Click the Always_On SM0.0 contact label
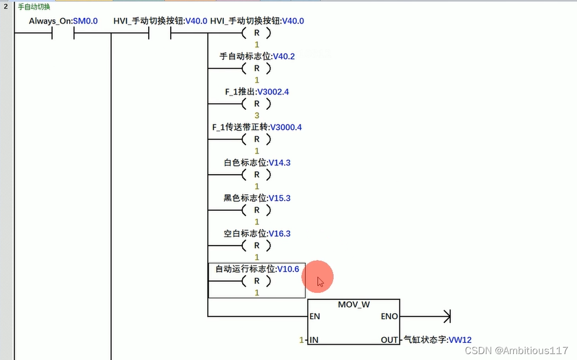pyautogui.click(x=63, y=21)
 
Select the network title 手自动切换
pyautogui.click(x=34, y=7)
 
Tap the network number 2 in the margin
pyautogui.click(x=5, y=7)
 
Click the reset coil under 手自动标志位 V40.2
pyautogui.click(x=257, y=68)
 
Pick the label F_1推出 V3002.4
pyautogui.click(x=257, y=92)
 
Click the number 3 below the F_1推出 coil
pyautogui.click(x=257, y=115)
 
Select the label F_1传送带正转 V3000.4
pyautogui.click(x=257, y=127)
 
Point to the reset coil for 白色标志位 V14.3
pyautogui.click(x=257, y=175)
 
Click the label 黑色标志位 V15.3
pyautogui.click(x=257, y=198)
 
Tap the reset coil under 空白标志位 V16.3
pyautogui.click(x=257, y=246)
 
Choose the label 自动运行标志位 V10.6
pyautogui.click(x=257, y=269)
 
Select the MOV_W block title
pyautogui.click(x=354, y=305)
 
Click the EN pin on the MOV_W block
pyautogui.click(x=315, y=316)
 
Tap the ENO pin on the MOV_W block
pyautogui.click(x=390, y=316)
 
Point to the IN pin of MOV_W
pyautogui.click(x=314, y=340)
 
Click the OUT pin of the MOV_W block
pyautogui.click(x=390, y=340)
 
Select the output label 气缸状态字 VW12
pyautogui.click(x=437, y=340)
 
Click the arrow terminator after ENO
pyautogui.click(x=447, y=316)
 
